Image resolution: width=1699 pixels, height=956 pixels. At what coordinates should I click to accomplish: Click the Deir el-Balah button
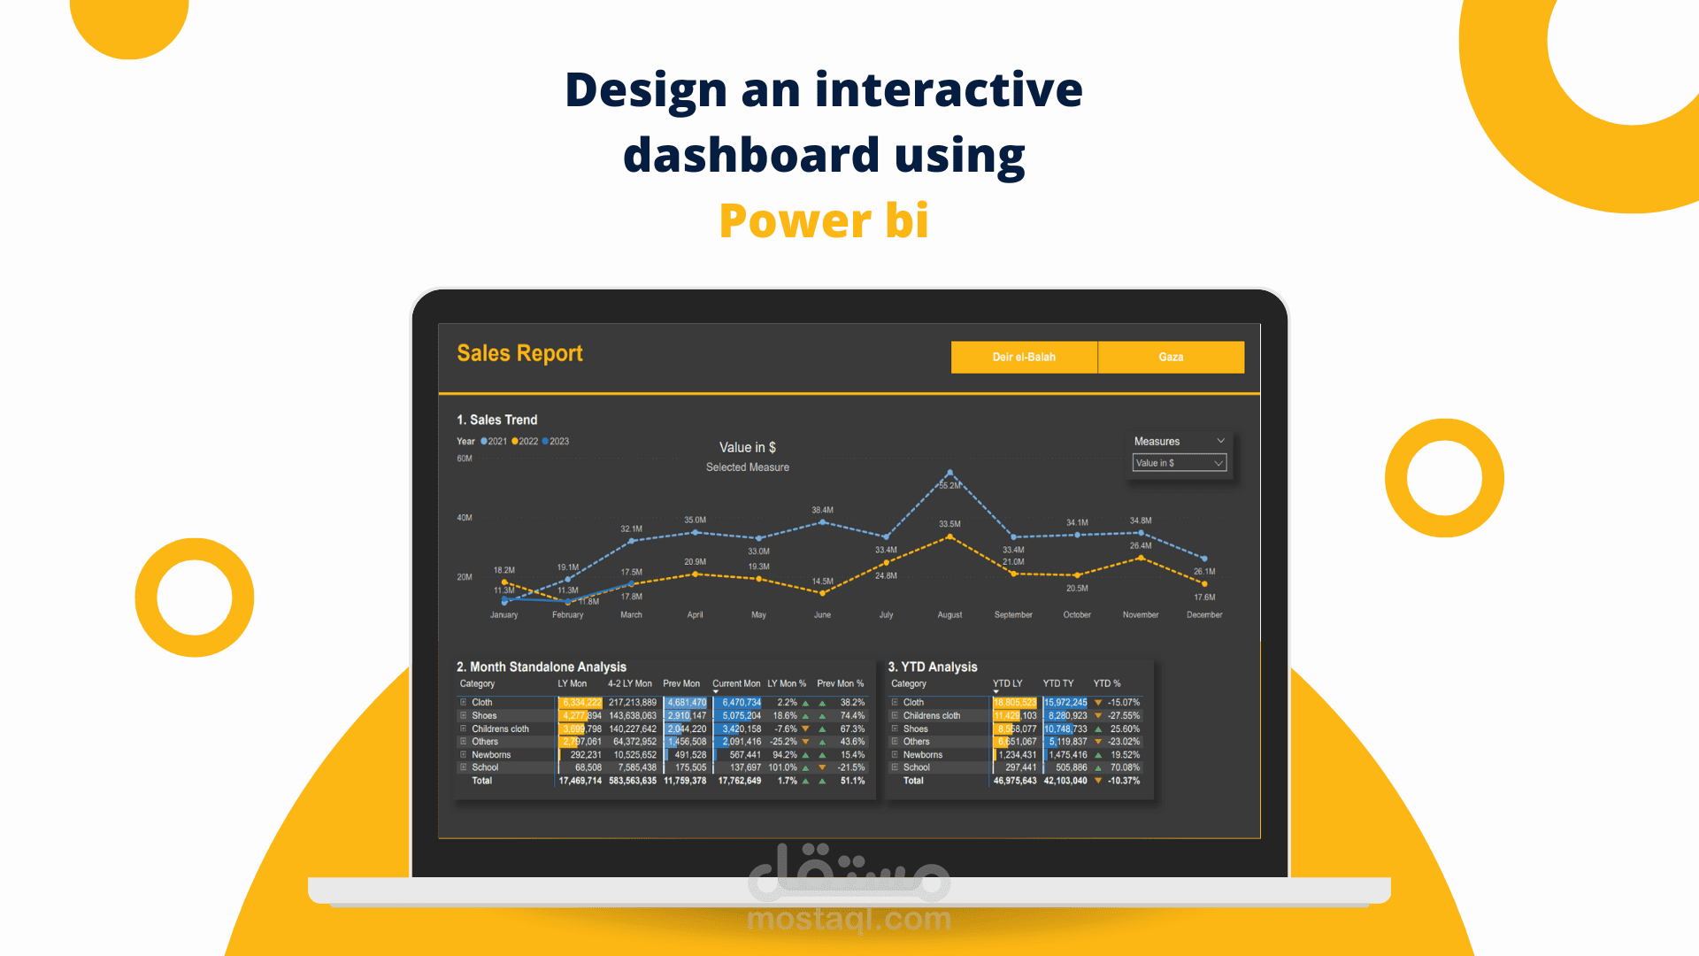[x=1024, y=357]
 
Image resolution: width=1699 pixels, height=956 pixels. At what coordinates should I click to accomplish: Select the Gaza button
[x=1171, y=357]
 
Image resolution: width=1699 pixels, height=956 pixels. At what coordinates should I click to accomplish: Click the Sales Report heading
[x=519, y=353]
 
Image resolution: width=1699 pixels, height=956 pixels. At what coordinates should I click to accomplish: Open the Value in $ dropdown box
[x=1179, y=463]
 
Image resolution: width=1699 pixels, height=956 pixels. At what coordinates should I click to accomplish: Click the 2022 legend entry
[x=525, y=442]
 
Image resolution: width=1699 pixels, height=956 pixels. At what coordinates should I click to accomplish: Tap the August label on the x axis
[x=949, y=615]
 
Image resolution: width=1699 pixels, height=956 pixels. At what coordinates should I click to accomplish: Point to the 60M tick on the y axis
[x=465, y=459]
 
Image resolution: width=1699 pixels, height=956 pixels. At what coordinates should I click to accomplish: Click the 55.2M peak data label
[x=950, y=486]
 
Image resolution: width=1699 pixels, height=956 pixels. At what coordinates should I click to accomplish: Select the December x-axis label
[x=1204, y=615]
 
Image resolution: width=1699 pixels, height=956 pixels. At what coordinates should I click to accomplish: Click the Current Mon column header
[x=736, y=684]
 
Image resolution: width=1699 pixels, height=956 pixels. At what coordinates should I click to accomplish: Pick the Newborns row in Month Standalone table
[x=491, y=755]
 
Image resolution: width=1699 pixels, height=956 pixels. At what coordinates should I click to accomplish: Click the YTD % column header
[x=1107, y=684]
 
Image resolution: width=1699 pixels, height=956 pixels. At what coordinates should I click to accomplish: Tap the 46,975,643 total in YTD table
[x=1015, y=781]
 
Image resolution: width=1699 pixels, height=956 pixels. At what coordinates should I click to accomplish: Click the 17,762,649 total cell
[x=740, y=781]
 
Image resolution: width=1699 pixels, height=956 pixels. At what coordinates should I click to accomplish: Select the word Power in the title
[x=795, y=220]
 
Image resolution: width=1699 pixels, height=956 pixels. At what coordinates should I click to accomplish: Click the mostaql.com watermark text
[x=849, y=920]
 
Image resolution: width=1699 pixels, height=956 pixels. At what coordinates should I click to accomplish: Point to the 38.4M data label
[x=822, y=511]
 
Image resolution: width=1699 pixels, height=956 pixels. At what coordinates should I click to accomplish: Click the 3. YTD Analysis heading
[x=933, y=667]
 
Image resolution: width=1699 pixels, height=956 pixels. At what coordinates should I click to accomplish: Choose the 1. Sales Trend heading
[x=497, y=420]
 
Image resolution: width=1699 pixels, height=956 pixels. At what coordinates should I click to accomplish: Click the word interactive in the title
[x=949, y=89]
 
